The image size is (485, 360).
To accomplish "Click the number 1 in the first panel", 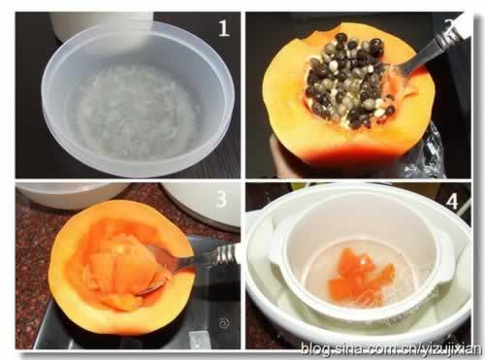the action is coord(224,28).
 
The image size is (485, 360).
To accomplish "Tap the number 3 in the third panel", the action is coord(221,198).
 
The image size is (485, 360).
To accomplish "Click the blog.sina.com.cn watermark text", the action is coord(392,349).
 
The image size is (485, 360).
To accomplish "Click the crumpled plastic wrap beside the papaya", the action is coord(424,153).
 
